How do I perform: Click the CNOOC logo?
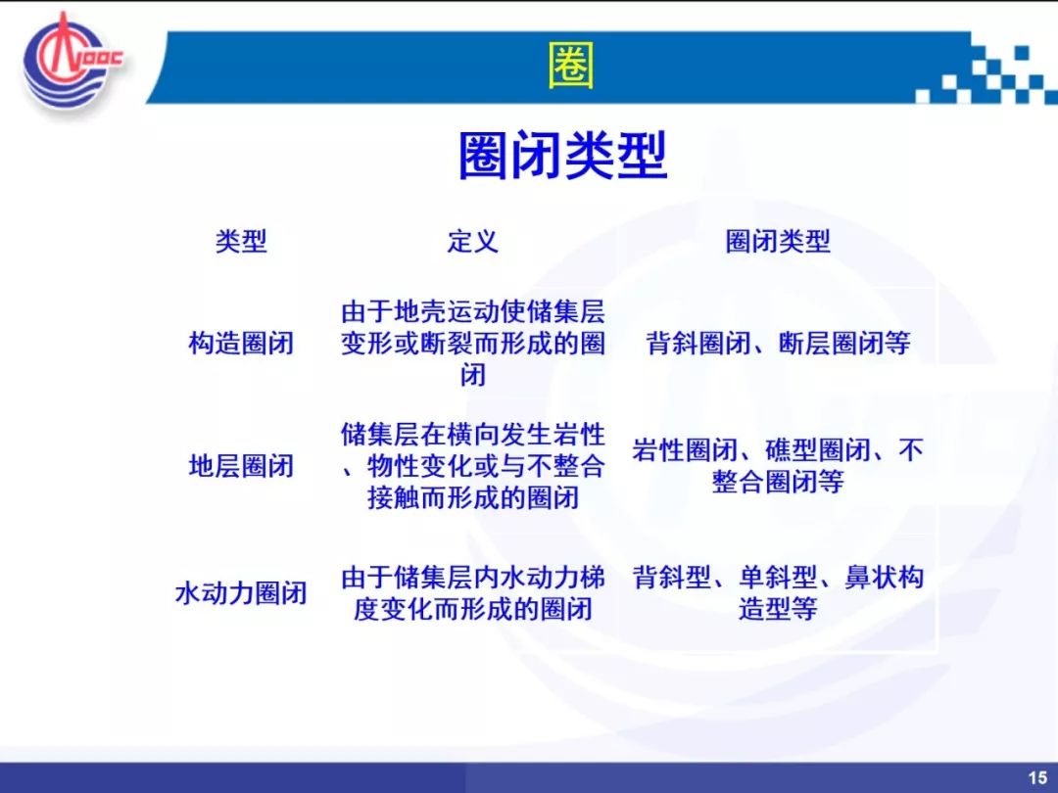pyautogui.click(x=71, y=62)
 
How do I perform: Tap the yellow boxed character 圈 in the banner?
pyautogui.click(x=571, y=66)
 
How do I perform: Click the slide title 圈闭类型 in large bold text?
pyautogui.click(x=562, y=156)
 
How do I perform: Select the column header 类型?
pyautogui.click(x=241, y=241)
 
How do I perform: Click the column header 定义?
pyautogui.click(x=472, y=241)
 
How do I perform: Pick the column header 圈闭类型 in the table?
pyautogui.click(x=777, y=241)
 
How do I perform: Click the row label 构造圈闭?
pyautogui.click(x=241, y=343)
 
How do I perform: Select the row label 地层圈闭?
pyautogui.click(x=241, y=466)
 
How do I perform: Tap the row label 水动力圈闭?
pyautogui.click(x=241, y=593)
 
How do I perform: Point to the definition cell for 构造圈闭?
pyautogui.click(x=472, y=343)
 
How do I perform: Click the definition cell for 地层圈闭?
pyautogui.click(x=472, y=466)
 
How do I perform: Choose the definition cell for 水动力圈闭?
pyautogui.click(x=472, y=593)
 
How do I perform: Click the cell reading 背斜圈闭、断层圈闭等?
pyautogui.click(x=777, y=343)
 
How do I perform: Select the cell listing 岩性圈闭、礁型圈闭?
pyautogui.click(x=777, y=466)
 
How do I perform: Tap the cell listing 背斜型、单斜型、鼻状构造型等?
pyautogui.click(x=777, y=593)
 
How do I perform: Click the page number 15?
pyautogui.click(x=1037, y=777)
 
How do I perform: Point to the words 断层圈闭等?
pyautogui.click(x=844, y=343)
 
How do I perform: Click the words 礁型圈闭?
pyautogui.click(x=817, y=450)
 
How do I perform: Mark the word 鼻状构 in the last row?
pyautogui.click(x=884, y=578)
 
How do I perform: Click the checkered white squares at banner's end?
pyautogui.click(x=986, y=73)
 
